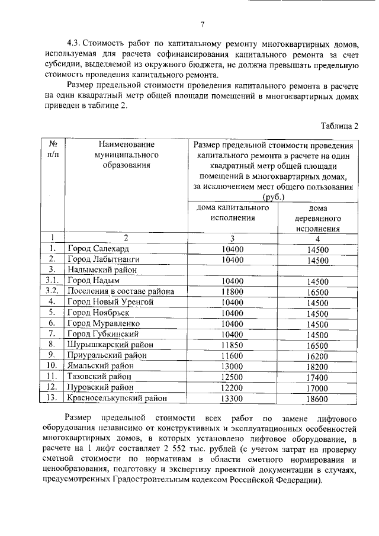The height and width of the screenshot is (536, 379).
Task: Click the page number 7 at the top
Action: (203, 24)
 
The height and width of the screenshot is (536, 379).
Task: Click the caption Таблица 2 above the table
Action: (339, 126)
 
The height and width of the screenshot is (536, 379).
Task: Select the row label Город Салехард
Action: (97, 249)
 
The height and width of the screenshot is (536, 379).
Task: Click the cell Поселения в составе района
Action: (120, 291)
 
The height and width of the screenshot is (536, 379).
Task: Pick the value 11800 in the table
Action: (232, 291)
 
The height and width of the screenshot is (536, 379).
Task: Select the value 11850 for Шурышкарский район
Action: (232, 345)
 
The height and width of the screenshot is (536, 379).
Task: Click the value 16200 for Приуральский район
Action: (317, 356)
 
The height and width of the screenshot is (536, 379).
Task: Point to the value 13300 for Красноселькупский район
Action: (232, 399)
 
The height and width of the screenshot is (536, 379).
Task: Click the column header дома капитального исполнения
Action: (232, 213)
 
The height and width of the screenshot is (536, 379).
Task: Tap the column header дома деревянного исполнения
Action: (317, 218)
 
